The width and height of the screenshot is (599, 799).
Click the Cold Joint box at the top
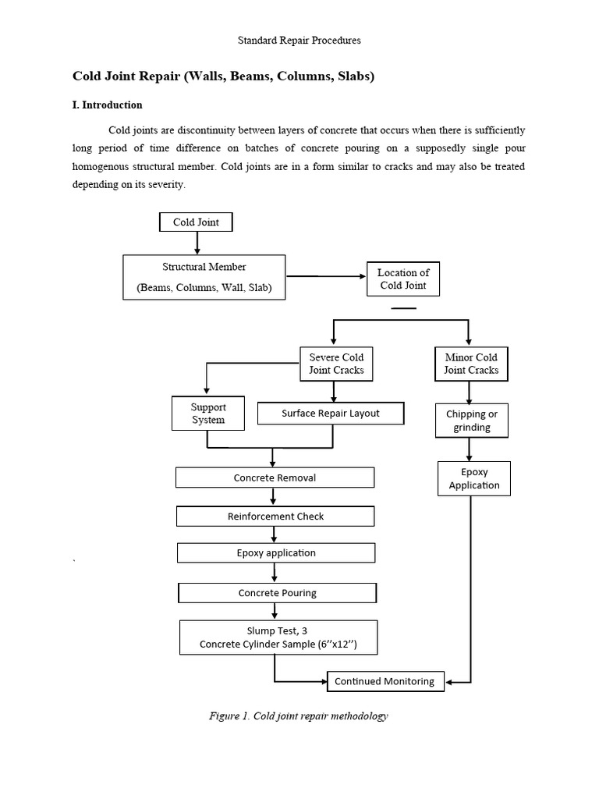click(x=196, y=222)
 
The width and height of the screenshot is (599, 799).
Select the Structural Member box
click(x=204, y=277)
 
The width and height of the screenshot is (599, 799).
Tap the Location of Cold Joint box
click(x=403, y=279)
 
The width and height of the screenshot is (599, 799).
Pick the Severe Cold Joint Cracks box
click(x=336, y=364)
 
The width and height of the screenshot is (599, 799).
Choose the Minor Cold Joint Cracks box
click(x=471, y=364)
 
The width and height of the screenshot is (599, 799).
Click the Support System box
click(x=207, y=414)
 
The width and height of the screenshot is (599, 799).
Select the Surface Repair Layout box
click(x=331, y=414)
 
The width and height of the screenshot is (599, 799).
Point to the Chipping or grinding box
click(x=471, y=421)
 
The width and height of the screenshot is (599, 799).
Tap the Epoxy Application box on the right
click(x=473, y=478)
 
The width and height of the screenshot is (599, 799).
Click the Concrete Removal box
click(x=275, y=478)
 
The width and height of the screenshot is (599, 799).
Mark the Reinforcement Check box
click(x=275, y=516)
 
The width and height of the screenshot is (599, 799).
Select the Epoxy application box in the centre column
click(x=276, y=553)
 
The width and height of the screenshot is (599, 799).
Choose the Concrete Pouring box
click(x=277, y=593)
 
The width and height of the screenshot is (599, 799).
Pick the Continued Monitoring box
click(x=385, y=681)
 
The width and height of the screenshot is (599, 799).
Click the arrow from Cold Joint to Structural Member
click(x=197, y=243)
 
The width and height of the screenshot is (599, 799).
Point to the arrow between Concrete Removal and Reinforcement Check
click(x=274, y=497)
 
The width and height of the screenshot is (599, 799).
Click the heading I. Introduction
click(x=108, y=105)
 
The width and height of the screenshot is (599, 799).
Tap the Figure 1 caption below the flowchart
click(x=299, y=716)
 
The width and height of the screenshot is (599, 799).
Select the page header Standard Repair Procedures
click(x=299, y=39)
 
